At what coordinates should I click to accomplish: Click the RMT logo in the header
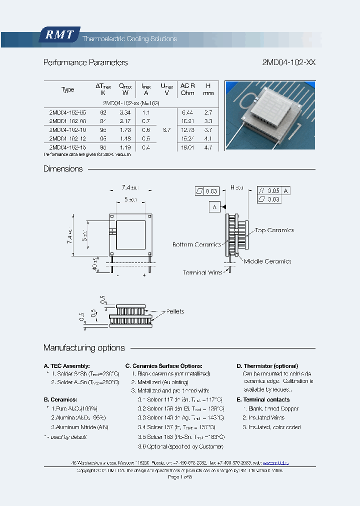[x=59, y=35]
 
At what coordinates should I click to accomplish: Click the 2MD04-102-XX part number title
[x=288, y=62]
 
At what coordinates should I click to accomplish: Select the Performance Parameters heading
[x=85, y=62]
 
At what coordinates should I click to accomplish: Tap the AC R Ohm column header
[x=187, y=89]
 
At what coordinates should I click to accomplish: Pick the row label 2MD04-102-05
[x=67, y=113]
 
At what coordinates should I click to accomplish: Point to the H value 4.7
[x=208, y=147]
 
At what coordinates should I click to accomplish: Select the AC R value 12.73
[x=187, y=130]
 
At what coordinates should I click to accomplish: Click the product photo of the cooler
[x=269, y=115]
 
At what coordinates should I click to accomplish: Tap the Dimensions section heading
[x=63, y=169]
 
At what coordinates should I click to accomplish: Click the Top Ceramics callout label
[x=274, y=230]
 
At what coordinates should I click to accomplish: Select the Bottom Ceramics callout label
[x=196, y=244]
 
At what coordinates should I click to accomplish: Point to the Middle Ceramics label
[x=267, y=261]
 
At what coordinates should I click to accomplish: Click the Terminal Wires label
[x=201, y=273]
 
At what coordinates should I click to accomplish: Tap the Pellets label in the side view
[x=175, y=311]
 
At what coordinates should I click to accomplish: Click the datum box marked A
[x=214, y=206]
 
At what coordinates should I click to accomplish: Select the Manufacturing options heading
[x=84, y=348]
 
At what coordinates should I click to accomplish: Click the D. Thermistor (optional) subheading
[x=267, y=366]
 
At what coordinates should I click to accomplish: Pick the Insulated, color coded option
[x=271, y=427]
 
